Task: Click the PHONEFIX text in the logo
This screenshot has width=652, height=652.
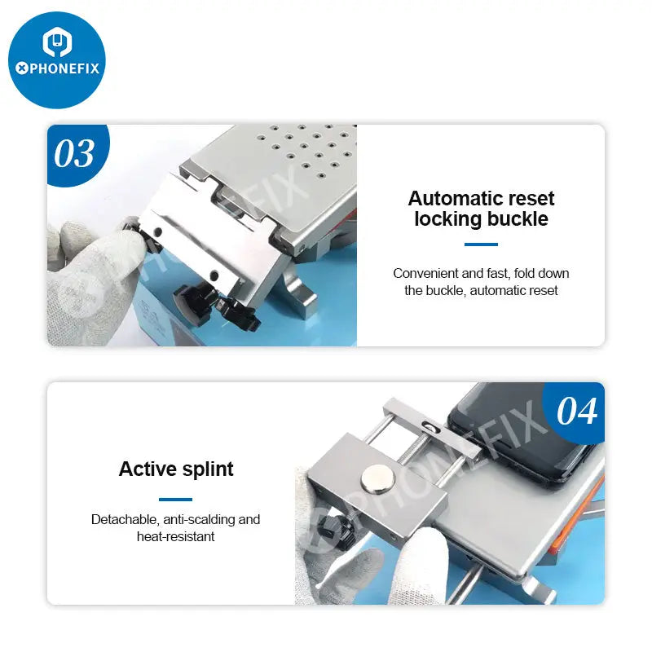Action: coord(57,68)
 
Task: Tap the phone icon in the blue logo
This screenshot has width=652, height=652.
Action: coord(57,42)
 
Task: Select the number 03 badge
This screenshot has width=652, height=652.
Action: coord(74,153)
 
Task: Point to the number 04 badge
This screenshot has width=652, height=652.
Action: coord(577,412)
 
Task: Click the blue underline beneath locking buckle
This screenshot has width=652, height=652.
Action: coord(481,244)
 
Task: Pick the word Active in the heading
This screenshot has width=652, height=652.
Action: coord(148,469)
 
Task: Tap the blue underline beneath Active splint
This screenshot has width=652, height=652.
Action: coord(175,499)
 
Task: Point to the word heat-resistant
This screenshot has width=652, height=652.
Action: coord(175,536)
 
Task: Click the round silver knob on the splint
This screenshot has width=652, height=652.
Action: coord(377,479)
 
